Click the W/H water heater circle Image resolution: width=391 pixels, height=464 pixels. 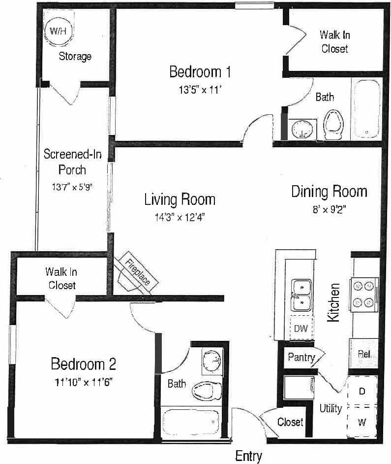pos(58,31)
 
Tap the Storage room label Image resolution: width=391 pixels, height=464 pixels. pos(75,56)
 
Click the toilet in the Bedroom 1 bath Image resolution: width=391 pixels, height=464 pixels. pos(333,123)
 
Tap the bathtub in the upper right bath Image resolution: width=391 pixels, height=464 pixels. pos(366,109)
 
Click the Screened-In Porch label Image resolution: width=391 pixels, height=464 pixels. pos(72,162)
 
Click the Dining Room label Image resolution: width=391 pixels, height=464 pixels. pos(329,191)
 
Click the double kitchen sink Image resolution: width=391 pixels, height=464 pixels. pos(301,295)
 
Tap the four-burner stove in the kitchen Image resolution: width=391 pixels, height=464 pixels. pos(363,294)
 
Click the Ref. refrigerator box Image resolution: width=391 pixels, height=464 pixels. pos(364,354)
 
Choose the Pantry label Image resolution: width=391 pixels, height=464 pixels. pos(301,357)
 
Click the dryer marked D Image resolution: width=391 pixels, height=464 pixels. pos(362,391)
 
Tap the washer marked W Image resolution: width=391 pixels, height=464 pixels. pos(362,422)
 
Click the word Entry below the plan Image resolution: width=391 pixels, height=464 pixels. pos(248,456)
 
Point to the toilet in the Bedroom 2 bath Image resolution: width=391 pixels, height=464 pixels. pos(205,392)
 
